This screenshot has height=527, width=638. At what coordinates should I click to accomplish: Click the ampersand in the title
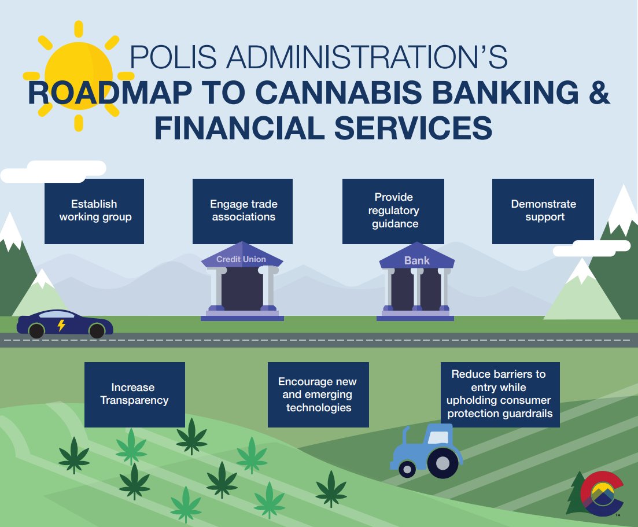tap(593, 94)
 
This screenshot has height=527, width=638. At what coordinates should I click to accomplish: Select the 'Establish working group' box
tap(94, 211)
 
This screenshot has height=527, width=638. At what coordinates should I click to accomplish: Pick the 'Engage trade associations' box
tap(243, 211)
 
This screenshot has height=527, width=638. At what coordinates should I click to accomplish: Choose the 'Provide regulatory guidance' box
tap(393, 211)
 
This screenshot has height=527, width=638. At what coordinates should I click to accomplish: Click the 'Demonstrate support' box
tap(543, 211)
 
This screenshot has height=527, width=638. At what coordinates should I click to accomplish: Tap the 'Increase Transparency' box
tap(134, 394)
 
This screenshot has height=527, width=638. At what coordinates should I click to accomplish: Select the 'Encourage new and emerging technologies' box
tap(318, 395)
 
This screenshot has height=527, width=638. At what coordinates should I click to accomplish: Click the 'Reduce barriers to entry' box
tap(500, 395)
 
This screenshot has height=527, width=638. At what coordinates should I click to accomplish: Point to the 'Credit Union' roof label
tap(241, 259)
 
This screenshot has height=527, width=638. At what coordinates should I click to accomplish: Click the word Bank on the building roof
tap(416, 260)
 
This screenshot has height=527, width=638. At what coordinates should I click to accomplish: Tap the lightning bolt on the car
tap(61, 326)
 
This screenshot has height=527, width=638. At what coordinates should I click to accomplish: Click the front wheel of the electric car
tap(97, 331)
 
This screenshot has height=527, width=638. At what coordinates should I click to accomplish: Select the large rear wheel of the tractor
tap(442, 462)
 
